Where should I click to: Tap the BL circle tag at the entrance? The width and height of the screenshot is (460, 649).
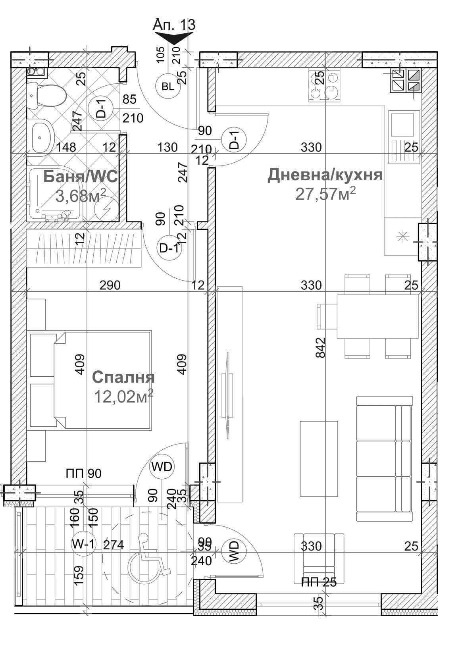(x=168, y=86)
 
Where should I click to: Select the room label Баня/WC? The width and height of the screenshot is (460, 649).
(x=81, y=177)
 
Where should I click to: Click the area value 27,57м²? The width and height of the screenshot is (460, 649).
(x=325, y=193)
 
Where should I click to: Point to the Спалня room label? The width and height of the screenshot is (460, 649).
(x=123, y=377)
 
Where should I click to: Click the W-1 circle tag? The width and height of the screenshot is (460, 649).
(x=83, y=545)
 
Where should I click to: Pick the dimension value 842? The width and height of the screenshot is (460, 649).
(x=321, y=347)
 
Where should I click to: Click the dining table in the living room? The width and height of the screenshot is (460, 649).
(x=378, y=316)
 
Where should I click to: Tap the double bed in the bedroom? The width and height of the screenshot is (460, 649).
(x=102, y=380)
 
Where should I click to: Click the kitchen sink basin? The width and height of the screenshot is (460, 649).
(x=402, y=125)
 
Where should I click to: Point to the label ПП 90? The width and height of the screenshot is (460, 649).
(x=84, y=474)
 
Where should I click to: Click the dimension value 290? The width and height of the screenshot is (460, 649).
(x=110, y=285)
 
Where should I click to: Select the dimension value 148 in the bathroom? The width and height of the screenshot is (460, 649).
(x=66, y=148)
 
